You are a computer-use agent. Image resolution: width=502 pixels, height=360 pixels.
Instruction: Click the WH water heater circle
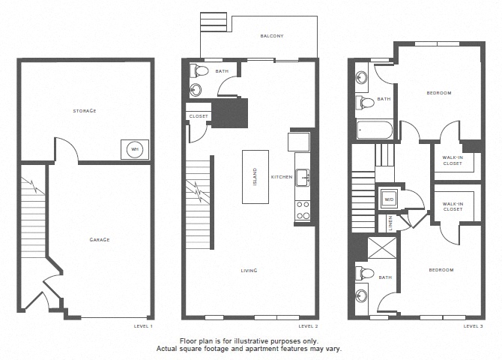click(135, 149)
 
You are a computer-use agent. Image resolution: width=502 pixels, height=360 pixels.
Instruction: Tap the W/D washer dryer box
click(389, 199)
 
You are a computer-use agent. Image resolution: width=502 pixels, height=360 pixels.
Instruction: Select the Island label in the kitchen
click(255, 177)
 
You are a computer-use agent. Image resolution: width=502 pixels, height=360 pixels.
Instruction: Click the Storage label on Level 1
click(85, 111)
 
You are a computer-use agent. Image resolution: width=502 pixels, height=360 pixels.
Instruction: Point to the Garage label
click(100, 239)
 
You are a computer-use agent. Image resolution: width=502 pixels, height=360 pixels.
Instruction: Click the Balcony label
click(272, 36)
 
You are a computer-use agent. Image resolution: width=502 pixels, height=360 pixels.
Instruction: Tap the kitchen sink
click(303, 177)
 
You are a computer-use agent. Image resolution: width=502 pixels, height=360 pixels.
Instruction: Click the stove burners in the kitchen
click(303, 210)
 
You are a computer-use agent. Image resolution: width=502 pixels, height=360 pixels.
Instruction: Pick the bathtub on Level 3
click(375, 130)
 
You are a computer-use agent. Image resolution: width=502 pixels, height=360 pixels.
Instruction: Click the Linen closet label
click(390, 223)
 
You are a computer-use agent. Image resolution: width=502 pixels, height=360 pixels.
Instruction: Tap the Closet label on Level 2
click(199, 116)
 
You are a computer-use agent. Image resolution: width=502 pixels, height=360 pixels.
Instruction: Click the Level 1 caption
click(143, 326)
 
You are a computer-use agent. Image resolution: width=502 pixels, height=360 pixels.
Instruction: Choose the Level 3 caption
click(474, 326)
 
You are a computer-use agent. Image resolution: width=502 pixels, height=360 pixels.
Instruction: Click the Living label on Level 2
click(249, 271)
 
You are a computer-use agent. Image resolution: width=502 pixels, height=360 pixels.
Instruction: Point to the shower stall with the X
click(382, 247)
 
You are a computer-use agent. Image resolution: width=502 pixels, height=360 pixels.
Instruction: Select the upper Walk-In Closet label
click(453, 160)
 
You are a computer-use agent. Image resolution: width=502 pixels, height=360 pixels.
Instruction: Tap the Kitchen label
click(282, 177)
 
